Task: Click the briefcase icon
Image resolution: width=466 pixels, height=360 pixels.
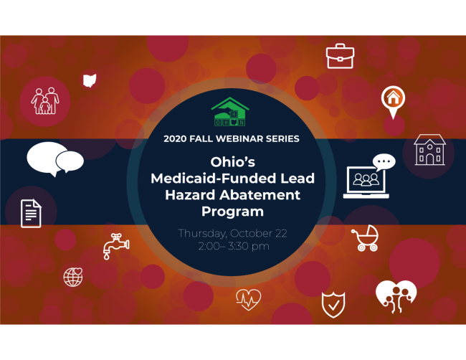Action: point(340,56)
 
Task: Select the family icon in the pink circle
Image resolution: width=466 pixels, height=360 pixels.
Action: point(45,101)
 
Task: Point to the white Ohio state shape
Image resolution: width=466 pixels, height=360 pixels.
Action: point(90,80)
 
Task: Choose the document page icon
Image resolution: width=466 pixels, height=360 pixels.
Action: point(31,213)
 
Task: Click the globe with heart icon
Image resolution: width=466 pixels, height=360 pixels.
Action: point(73,277)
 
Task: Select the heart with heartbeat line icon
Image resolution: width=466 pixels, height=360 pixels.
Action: point(248,298)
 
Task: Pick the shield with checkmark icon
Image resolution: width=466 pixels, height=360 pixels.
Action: point(333,303)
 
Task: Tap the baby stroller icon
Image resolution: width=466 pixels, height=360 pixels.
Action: point(365,240)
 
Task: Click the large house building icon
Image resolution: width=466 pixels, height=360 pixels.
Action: point(429,150)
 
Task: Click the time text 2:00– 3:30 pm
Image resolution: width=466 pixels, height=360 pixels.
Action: point(232,247)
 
